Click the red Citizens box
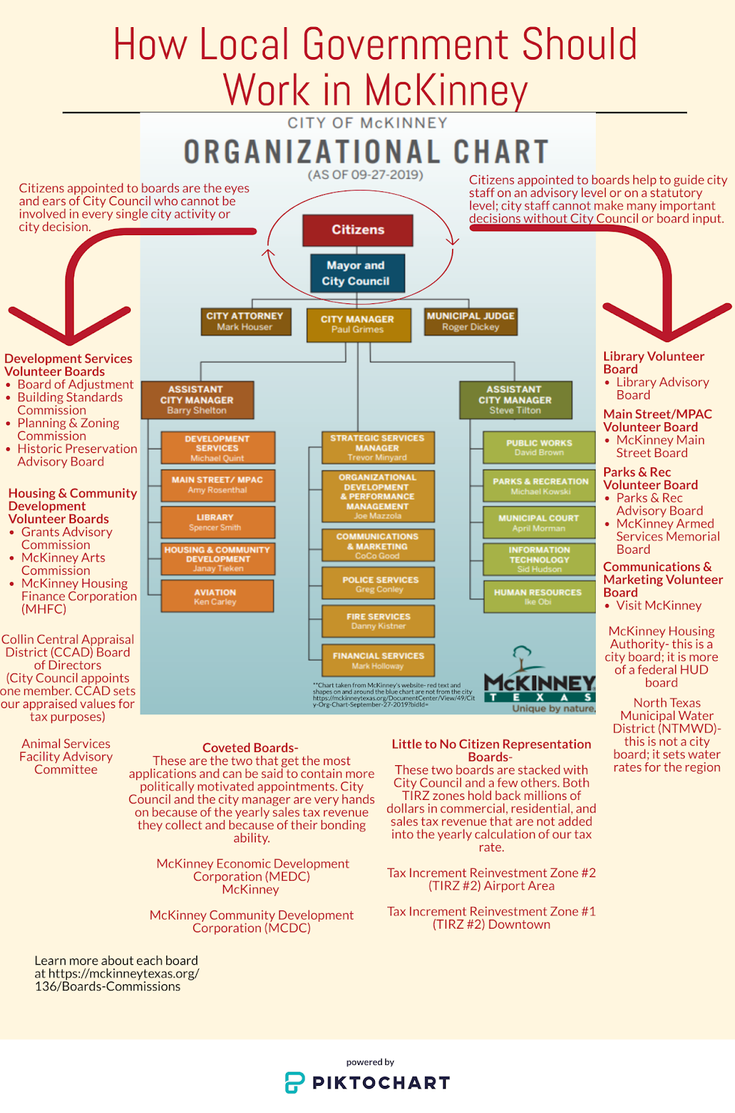(357, 230)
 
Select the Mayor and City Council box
(356, 273)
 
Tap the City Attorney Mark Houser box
(245, 321)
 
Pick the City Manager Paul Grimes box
(358, 324)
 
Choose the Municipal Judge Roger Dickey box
(471, 321)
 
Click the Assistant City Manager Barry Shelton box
(197, 400)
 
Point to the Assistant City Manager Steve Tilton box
(515, 400)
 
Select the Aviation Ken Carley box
(216, 596)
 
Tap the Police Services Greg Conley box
(379, 584)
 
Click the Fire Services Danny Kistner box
(379, 620)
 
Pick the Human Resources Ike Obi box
(539, 596)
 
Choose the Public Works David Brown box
(539, 447)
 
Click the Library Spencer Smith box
(216, 522)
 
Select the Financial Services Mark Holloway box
(379, 660)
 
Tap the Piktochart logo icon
(295, 1082)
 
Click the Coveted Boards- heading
(250, 748)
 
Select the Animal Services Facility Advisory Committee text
(66, 757)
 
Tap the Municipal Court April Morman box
(539, 522)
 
